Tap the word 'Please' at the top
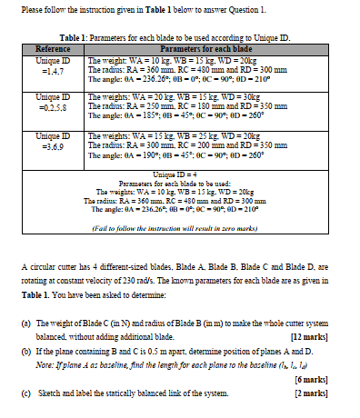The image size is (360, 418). pos(32,11)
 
